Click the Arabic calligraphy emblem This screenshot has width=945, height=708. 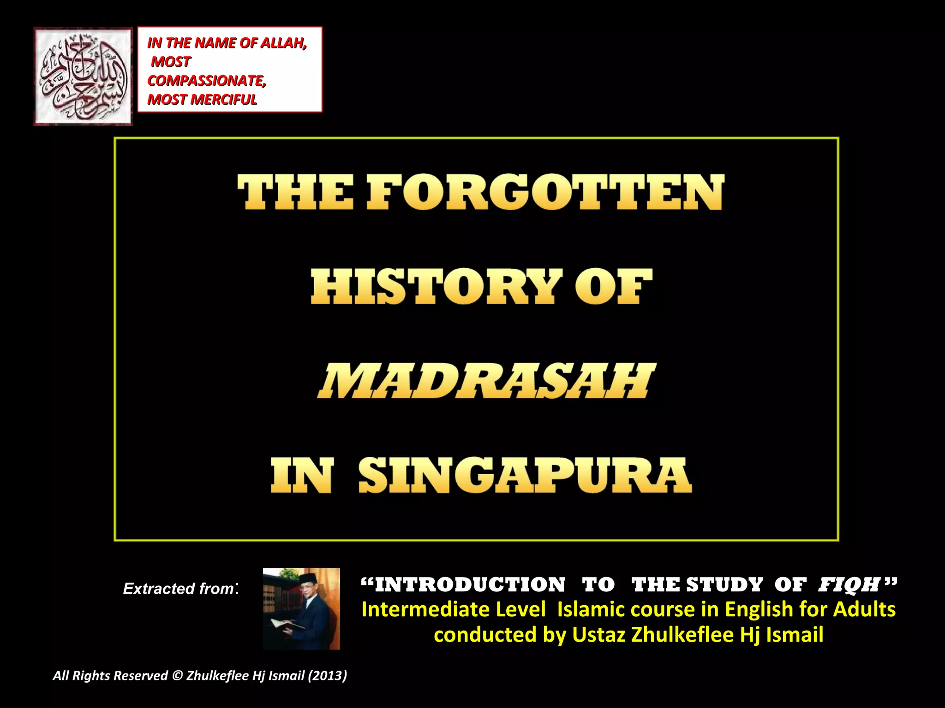83,76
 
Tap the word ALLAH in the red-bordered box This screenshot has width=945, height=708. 283,43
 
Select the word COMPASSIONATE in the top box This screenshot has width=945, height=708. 207,81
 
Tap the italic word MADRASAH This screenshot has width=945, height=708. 485,381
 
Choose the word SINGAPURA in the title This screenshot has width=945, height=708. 525,475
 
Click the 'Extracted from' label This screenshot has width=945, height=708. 180,589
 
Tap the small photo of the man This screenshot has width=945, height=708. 301,608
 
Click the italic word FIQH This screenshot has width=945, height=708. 849,585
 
